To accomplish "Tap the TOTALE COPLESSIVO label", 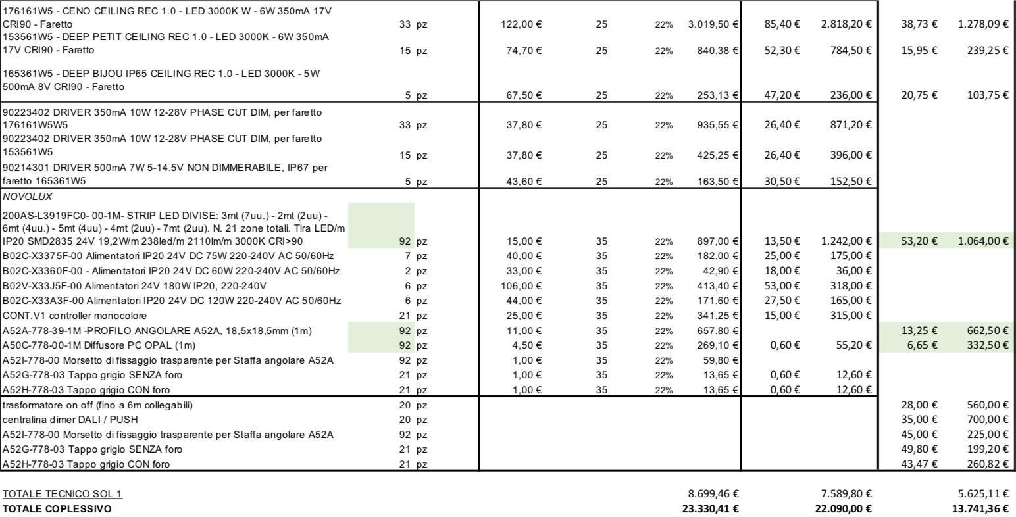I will [57, 508].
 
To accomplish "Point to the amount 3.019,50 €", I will [713, 25].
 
